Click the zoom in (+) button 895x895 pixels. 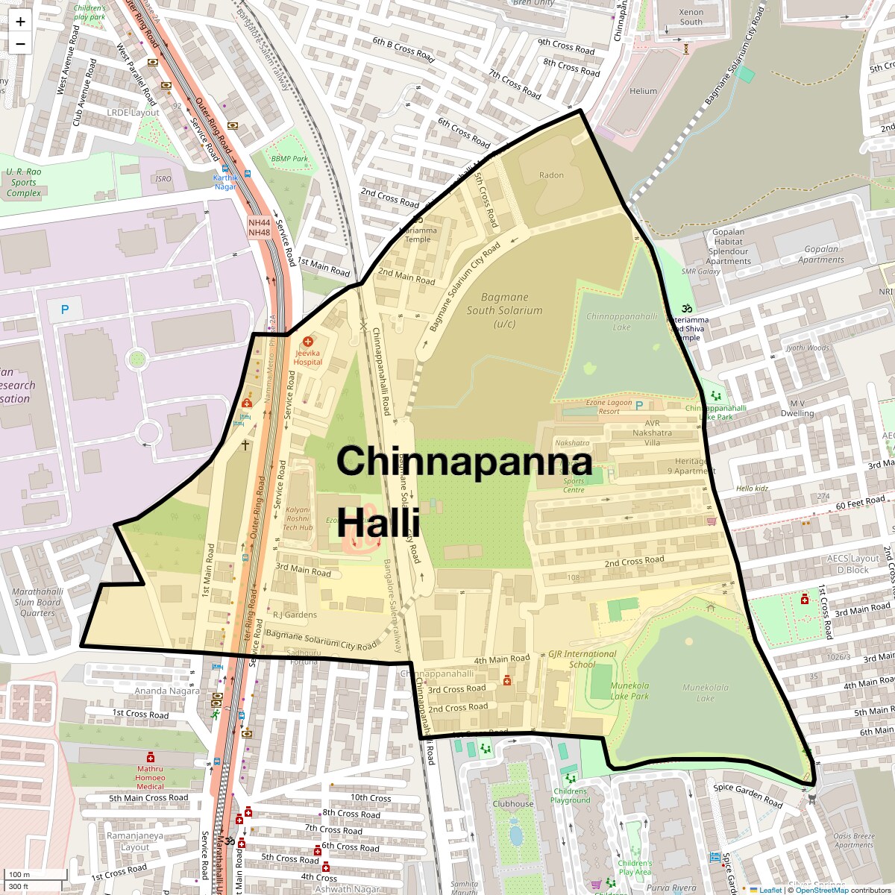[20, 22]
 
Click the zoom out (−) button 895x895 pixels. [20, 43]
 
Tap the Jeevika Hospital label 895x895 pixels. [308, 357]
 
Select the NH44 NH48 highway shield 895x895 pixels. [260, 227]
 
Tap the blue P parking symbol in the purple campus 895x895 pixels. [65, 309]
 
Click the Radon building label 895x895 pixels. [552, 175]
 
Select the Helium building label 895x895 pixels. [644, 91]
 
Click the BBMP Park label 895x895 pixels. [289, 159]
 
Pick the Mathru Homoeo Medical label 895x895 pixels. [150, 777]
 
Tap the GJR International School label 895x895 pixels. [582, 659]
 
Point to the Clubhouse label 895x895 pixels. [513, 804]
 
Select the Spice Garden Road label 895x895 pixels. [748, 795]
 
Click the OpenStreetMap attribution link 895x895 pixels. [821, 890]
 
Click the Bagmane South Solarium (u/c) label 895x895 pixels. [505, 310]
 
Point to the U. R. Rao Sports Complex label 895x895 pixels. [24, 182]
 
